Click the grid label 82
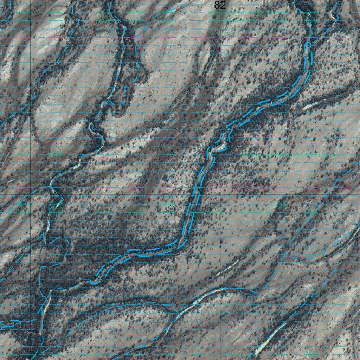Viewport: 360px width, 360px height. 220,5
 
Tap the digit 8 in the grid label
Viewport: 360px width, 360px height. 217,5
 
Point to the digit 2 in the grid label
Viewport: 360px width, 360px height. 223,5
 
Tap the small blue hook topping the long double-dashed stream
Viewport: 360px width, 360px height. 307,45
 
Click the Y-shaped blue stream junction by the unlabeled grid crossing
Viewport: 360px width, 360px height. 52,186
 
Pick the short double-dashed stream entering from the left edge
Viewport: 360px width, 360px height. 11,324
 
